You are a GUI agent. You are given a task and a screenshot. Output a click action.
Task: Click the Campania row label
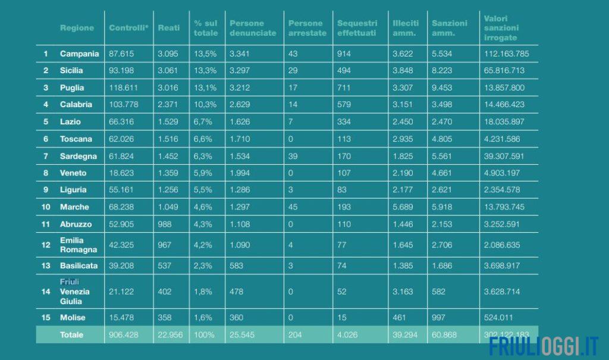click(x=79, y=54)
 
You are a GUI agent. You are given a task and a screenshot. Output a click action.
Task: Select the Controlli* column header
click(x=128, y=28)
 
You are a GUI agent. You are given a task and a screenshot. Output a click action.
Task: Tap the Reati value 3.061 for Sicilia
click(x=169, y=71)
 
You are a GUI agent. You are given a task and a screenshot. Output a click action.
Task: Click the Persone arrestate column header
click(x=307, y=28)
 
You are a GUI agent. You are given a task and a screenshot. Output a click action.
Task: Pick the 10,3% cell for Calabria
click(x=205, y=105)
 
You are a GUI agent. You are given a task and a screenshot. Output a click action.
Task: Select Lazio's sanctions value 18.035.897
click(x=504, y=122)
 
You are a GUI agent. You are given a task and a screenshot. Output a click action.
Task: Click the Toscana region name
click(x=76, y=139)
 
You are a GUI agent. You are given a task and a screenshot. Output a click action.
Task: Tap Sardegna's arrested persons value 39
click(x=293, y=156)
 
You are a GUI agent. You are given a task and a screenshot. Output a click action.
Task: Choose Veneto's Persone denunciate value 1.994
click(x=240, y=173)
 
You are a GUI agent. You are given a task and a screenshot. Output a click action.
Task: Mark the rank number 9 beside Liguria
click(x=46, y=190)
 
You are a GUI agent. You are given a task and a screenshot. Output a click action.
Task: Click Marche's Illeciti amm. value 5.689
click(x=403, y=207)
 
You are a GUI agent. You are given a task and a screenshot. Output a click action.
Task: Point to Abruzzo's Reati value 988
click(x=165, y=224)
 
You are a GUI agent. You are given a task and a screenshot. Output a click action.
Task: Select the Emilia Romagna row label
click(x=78, y=245)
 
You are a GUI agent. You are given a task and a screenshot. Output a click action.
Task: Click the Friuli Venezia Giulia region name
click(x=75, y=291)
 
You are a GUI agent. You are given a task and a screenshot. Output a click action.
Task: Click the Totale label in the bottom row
click(x=72, y=335)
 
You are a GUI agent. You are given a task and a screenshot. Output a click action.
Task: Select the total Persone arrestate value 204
click(x=295, y=335)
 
